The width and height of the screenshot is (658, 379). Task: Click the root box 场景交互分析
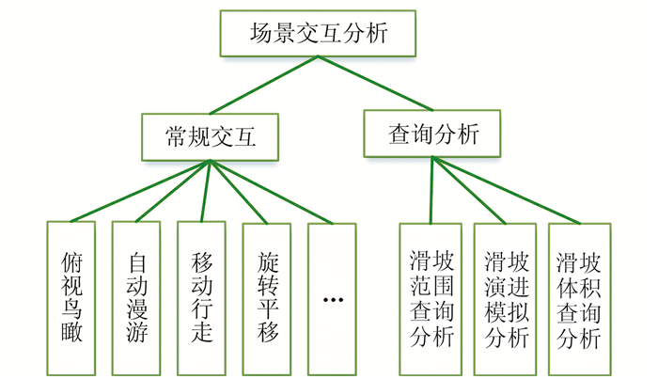pyautogui.click(x=317, y=34)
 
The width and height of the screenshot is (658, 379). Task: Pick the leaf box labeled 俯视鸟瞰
pyautogui.click(x=71, y=297)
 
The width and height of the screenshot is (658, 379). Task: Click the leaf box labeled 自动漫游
pyautogui.click(x=136, y=297)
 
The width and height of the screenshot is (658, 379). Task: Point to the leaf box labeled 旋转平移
pyautogui.click(x=267, y=297)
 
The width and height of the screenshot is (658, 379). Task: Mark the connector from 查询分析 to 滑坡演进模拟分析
pyautogui.click(x=469, y=191)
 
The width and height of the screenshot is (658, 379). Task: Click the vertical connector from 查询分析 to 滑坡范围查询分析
pyautogui.click(x=431, y=190)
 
